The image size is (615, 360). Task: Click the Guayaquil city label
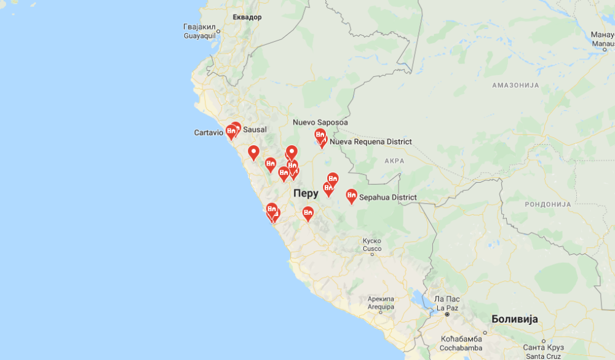coord(200,31)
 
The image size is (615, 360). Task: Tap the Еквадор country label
coord(247,17)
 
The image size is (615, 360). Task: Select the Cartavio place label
coord(208,133)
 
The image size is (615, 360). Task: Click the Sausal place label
coord(255,130)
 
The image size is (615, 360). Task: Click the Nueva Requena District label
coord(370,142)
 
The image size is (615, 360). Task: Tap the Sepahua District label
coord(387,198)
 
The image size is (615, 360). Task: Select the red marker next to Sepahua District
coord(351,196)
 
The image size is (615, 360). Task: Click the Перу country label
coord(306,193)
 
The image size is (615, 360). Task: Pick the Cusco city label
coord(372,246)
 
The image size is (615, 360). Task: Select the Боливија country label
coord(515,319)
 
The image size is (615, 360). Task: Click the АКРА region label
coord(394,161)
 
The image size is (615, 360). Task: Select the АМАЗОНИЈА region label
coord(515,85)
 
